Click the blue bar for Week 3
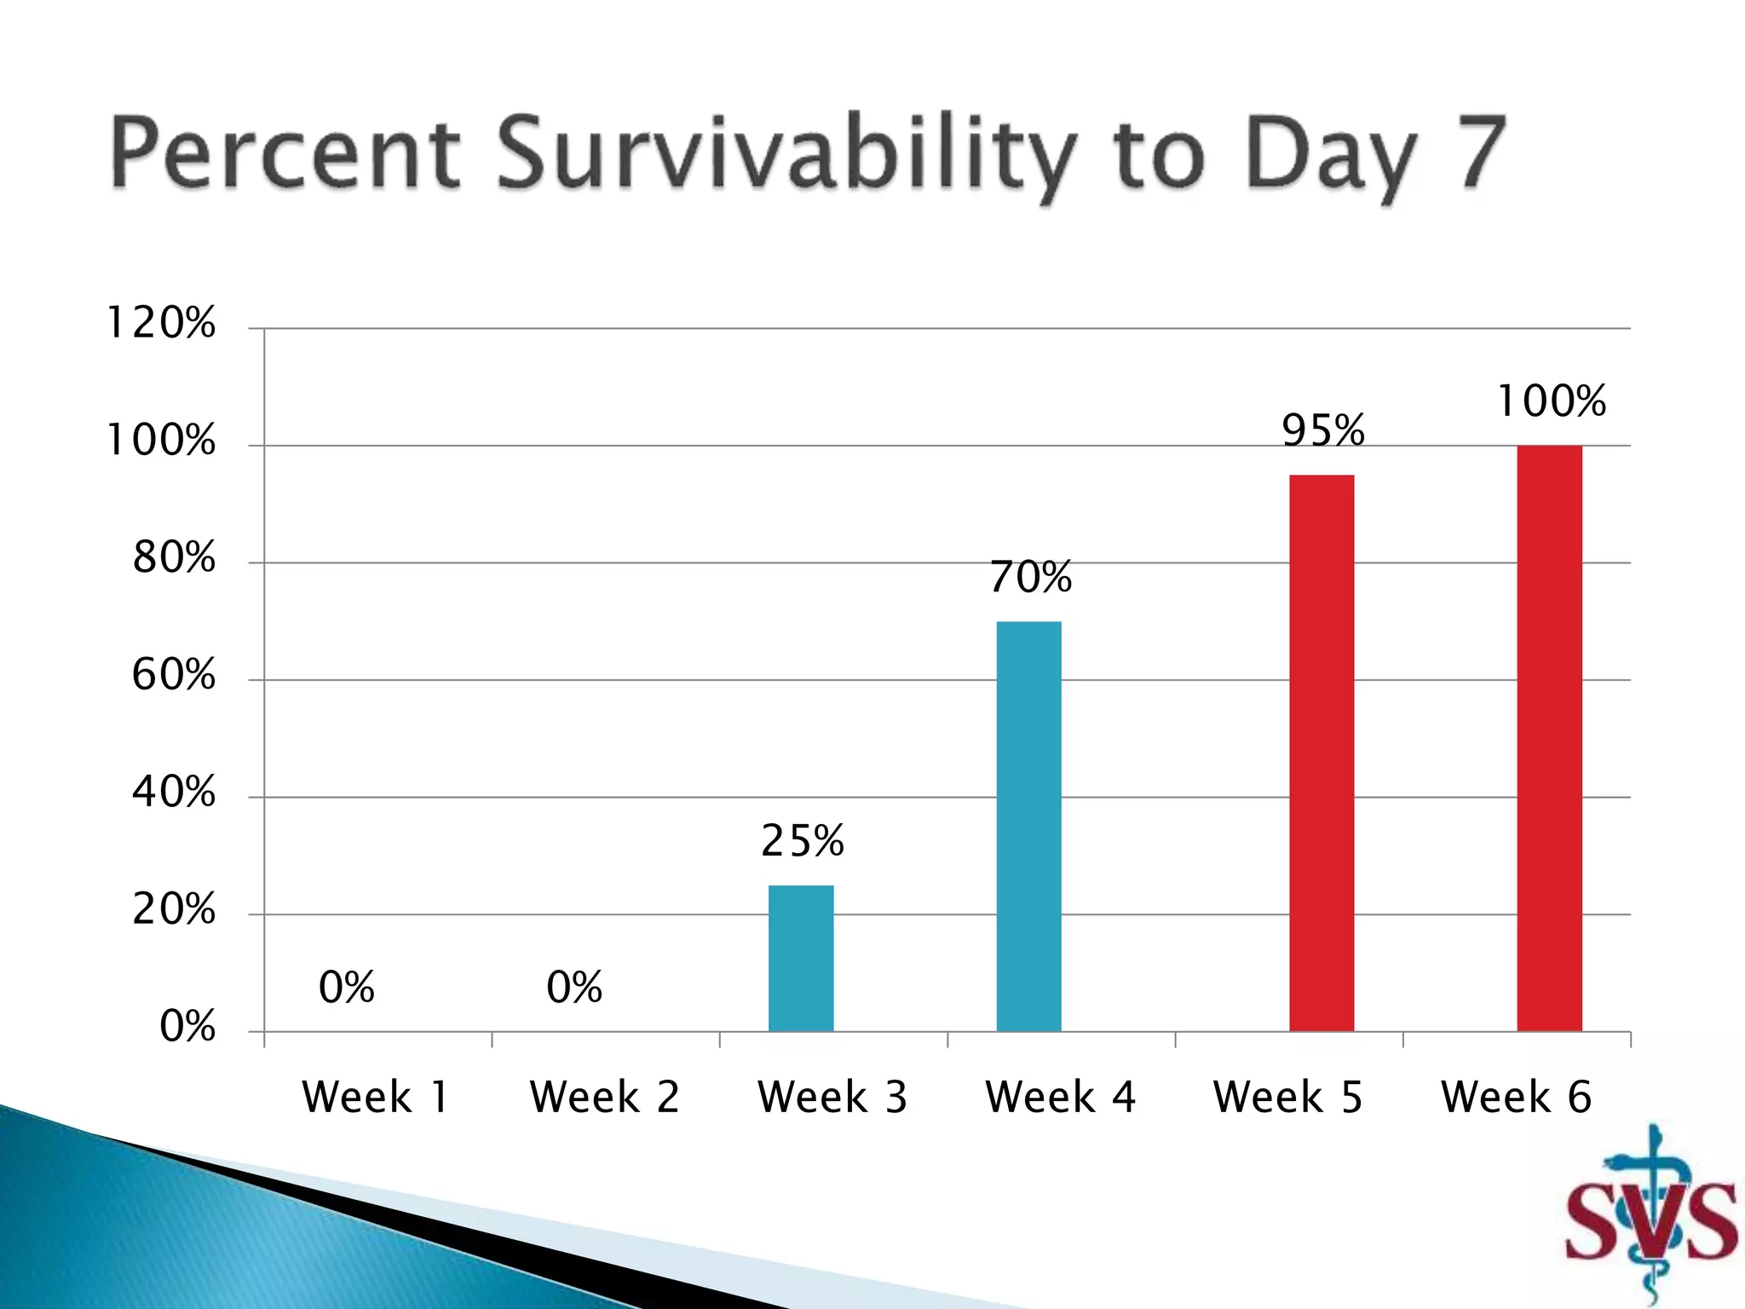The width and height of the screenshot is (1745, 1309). [801, 958]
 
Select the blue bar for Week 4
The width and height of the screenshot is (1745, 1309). [1028, 826]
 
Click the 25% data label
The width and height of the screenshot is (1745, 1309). [802, 841]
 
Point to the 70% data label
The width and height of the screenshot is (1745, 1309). [1030, 577]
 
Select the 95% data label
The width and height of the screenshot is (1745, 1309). [1323, 430]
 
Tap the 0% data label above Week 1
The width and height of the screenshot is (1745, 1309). [346, 987]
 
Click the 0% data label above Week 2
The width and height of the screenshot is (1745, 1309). [574, 987]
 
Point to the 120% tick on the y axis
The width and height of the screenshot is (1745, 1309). [160, 323]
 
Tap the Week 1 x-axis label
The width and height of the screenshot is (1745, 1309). [375, 1097]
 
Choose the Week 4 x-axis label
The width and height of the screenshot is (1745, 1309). [1060, 1097]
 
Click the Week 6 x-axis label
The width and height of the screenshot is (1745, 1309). [1516, 1097]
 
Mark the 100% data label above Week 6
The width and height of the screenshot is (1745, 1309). [1551, 401]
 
